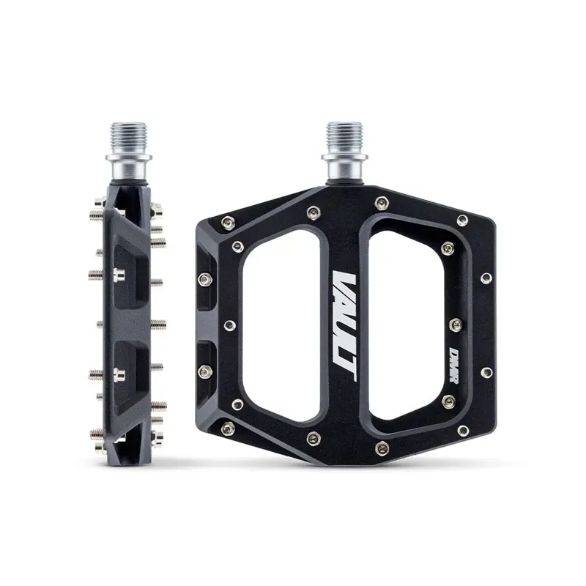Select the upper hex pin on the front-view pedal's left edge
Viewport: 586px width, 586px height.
(x=205, y=278)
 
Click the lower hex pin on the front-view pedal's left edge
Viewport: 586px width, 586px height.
(x=205, y=370)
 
